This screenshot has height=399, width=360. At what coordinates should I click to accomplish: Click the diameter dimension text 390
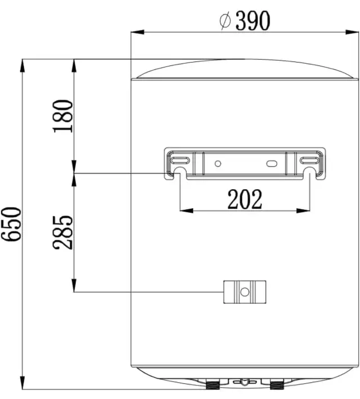click(x=253, y=21)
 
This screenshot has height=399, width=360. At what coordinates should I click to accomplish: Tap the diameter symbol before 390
click(x=224, y=21)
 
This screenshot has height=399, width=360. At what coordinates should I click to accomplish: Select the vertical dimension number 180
click(x=64, y=116)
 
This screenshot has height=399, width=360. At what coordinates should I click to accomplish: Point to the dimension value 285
click(x=64, y=231)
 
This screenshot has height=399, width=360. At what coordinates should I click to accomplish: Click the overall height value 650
click(x=11, y=224)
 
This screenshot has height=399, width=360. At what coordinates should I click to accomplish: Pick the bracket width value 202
click(x=245, y=199)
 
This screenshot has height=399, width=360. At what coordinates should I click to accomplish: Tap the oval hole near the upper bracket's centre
click(x=272, y=164)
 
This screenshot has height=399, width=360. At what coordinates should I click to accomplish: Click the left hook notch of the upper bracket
click(x=180, y=170)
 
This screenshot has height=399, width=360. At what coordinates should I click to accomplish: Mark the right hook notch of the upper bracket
click(x=309, y=170)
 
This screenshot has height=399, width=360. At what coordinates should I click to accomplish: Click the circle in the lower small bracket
click(x=245, y=292)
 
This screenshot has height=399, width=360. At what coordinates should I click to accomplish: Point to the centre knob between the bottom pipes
click(x=245, y=382)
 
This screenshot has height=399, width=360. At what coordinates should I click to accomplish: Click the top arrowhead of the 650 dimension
click(x=22, y=64)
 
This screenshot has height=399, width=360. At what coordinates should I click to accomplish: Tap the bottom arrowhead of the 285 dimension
click(x=74, y=286)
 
